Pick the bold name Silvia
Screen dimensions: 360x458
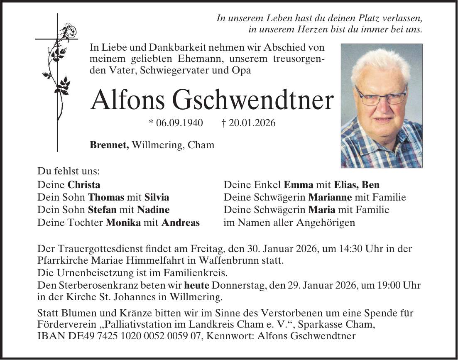157,197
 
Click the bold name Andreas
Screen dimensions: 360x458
181,222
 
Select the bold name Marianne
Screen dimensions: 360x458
331,197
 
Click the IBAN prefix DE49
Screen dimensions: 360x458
72,336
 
